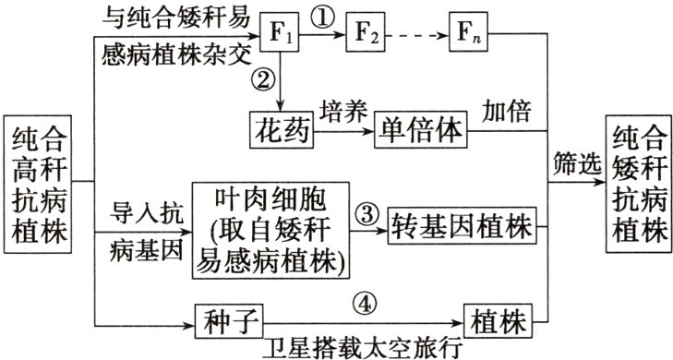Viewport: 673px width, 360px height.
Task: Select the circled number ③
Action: coord(367,214)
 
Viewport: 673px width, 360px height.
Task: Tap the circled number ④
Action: coord(366,304)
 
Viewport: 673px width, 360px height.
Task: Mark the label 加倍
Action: coord(507,111)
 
